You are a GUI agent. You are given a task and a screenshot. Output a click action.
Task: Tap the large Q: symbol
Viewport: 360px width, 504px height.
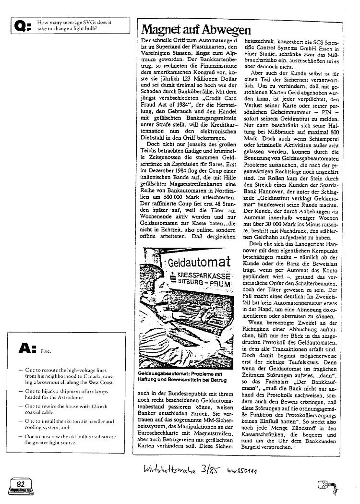24,25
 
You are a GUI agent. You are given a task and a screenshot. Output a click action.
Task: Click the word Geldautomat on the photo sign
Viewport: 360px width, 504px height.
197,263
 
